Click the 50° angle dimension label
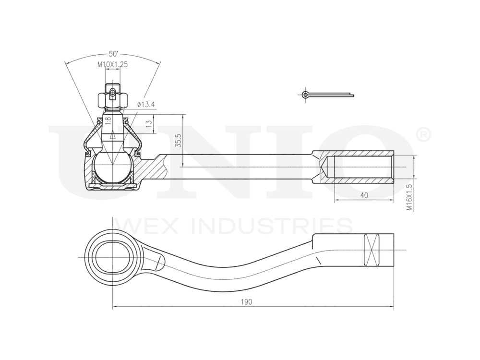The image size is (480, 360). (x=114, y=53)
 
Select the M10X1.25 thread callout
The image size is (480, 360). (x=113, y=64)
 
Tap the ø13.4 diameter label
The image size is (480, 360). (x=146, y=105)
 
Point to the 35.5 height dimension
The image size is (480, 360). (x=178, y=140)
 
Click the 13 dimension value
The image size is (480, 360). (x=149, y=123)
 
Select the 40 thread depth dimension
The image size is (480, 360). (x=363, y=195)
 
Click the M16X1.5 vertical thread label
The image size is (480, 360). (x=409, y=197)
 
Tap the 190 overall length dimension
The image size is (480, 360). (x=247, y=302)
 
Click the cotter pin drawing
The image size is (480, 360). (x=326, y=95)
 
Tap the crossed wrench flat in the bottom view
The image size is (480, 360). (x=371, y=250)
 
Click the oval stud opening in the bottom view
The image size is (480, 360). (x=112, y=255)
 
